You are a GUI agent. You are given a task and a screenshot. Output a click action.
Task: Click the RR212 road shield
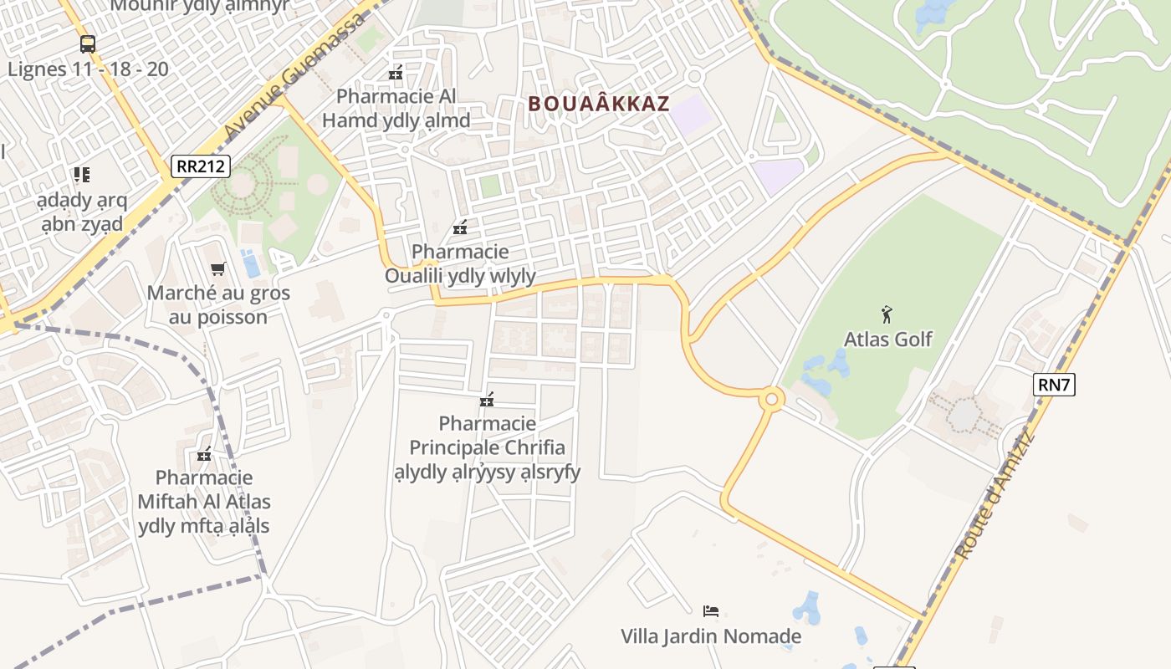pos(201,166)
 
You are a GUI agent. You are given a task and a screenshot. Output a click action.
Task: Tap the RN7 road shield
pos(1054,385)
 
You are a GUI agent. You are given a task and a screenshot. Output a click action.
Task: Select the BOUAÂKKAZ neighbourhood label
pos(599,104)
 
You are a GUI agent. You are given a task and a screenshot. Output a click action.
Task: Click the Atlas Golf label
pos(887,340)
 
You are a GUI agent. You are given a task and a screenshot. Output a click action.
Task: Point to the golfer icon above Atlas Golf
pos(887,315)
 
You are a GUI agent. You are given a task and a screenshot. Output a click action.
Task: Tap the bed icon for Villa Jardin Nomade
pos(711,611)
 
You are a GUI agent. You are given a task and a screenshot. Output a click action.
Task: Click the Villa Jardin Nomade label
pos(711,636)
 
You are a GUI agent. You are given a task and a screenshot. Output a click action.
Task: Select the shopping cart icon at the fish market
pos(218,268)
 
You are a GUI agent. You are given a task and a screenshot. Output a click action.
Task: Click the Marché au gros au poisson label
pos(218,305)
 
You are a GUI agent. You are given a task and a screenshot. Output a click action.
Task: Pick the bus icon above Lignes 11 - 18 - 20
pos(88,43)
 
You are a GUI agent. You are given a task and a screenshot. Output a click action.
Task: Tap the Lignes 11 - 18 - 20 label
pos(88,69)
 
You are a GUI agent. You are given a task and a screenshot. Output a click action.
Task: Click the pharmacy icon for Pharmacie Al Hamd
pos(396,73)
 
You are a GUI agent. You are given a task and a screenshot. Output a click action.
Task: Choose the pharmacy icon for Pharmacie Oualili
pos(460,227)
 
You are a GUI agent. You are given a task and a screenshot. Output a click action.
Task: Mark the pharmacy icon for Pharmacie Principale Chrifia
pos(487,401)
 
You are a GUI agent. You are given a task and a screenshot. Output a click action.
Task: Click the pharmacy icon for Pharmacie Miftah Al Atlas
pos(204,455)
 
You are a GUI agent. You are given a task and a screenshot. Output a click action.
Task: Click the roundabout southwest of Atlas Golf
pos(771,400)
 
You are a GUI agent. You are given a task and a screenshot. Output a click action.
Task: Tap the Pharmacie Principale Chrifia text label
pos(488,447)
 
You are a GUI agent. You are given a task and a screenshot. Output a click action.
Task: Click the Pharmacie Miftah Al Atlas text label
pos(204,502)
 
